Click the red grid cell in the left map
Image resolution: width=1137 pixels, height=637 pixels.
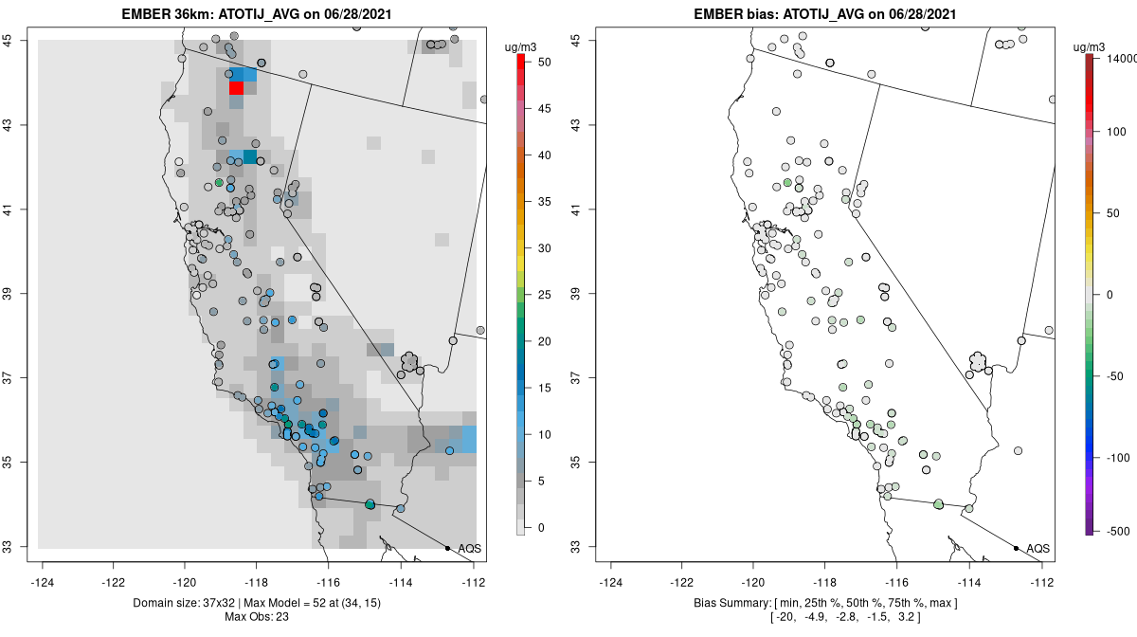(236, 88)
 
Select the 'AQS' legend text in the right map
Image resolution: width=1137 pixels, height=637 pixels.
(1038, 549)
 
